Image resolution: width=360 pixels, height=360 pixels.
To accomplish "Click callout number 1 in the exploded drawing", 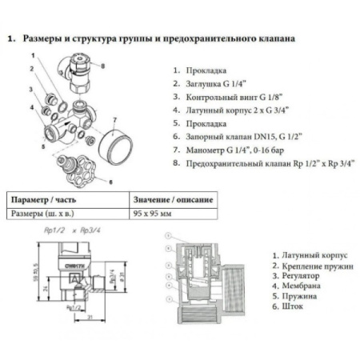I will [x=32, y=55].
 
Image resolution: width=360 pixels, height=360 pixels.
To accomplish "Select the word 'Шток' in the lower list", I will [x=286, y=306].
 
